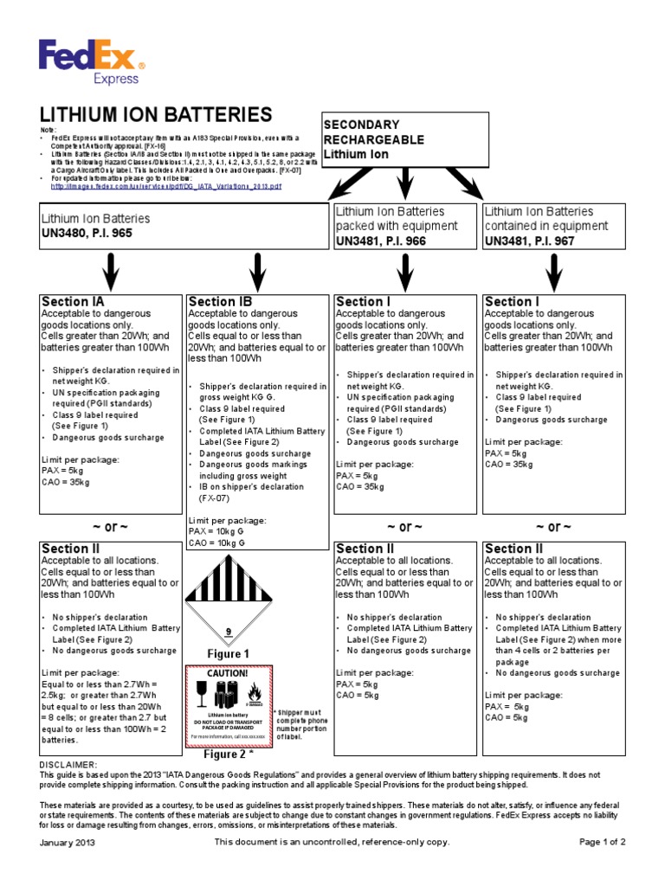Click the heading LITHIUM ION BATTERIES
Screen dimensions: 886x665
coord(156,115)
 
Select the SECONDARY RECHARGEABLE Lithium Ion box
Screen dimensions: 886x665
coord(398,139)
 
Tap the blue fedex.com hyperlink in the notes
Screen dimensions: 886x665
coord(165,186)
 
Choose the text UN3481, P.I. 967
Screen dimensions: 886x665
coord(529,241)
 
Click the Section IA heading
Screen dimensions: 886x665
coord(74,301)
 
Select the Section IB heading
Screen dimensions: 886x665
coord(221,301)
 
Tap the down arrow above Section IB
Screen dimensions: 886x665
coord(258,273)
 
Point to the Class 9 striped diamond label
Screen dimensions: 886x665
coord(229,597)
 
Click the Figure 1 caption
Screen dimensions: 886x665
coord(229,654)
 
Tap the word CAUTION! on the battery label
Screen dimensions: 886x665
coord(228,673)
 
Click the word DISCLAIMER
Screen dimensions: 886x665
coord(69,765)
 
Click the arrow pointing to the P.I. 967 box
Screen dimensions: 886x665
coord(469,186)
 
